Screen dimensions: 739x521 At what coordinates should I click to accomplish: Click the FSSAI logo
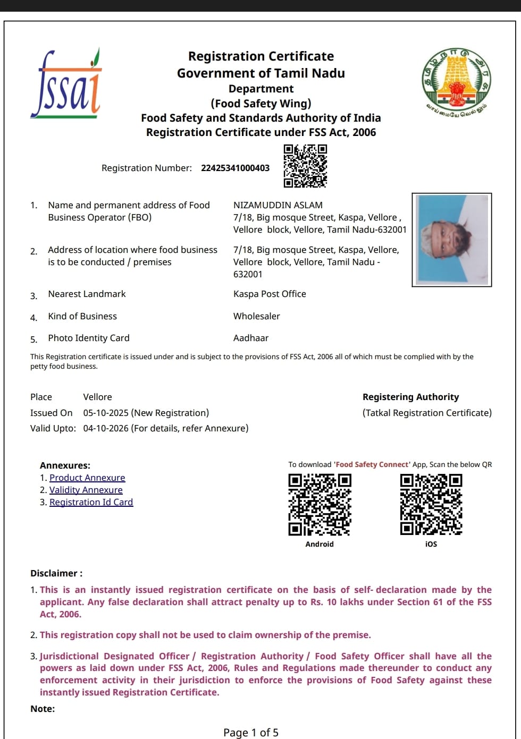(66, 84)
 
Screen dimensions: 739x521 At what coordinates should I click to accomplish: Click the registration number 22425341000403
(235, 168)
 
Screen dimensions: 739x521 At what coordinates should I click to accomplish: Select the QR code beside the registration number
(305, 166)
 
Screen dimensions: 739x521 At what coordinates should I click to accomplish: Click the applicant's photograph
(452, 240)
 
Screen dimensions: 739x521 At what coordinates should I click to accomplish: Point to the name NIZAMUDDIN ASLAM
(278, 205)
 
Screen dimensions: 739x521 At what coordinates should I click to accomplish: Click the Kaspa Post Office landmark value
(270, 294)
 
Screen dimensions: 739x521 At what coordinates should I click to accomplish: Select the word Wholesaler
(256, 316)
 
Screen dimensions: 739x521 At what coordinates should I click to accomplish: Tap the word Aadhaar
(251, 338)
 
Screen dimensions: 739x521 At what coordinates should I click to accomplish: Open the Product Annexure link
(87, 478)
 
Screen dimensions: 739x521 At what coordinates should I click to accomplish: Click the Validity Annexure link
(86, 490)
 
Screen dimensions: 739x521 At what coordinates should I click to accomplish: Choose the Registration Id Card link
(91, 502)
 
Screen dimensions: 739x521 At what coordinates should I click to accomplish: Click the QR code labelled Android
(320, 504)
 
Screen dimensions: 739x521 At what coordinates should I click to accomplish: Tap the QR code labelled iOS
(431, 504)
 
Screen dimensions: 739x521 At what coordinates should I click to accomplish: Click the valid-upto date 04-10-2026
(106, 428)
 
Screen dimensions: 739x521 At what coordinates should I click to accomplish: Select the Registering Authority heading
(410, 397)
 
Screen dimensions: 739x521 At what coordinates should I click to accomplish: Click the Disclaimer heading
(56, 573)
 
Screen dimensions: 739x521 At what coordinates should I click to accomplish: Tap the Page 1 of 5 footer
(251, 733)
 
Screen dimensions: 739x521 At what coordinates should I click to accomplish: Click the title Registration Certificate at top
(261, 56)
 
